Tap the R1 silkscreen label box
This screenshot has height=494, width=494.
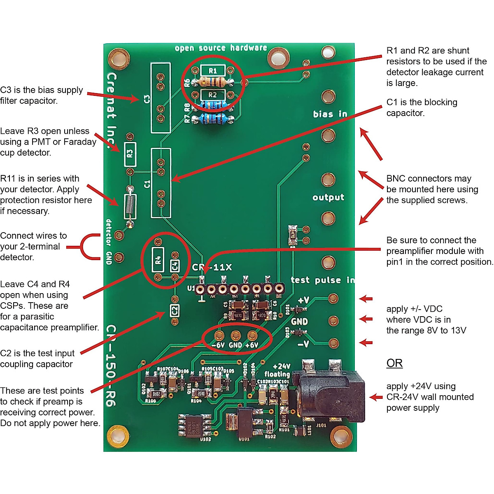(x=212, y=70)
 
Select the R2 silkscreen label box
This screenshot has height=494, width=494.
(x=212, y=95)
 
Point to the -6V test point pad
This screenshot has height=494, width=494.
(x=219, y=335)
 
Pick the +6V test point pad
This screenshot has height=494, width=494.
(x=252, y=335)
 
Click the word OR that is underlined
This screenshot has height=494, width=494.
(x=394, y=363)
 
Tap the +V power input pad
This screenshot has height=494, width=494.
(x=333, y=298)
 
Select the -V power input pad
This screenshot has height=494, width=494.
(x=333, y=343)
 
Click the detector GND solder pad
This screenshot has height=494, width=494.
(x=119, y=258)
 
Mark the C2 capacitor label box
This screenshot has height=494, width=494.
(x=175, y=310)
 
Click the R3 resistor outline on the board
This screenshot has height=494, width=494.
(x=130, y=154)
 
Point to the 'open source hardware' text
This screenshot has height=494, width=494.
(x=221, y=48)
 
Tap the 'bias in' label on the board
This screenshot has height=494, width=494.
(x=330, y=114)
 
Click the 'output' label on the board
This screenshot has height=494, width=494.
(x=328, y=198)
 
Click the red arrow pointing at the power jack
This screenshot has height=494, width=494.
(x=376, y=397)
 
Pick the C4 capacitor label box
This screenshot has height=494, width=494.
(x=175, y=266)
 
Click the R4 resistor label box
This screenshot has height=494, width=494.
(x=158, y=260)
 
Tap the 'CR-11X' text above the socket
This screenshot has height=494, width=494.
(x=212, y=268)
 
